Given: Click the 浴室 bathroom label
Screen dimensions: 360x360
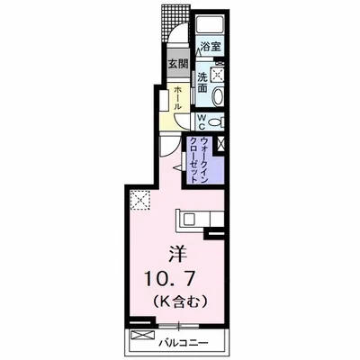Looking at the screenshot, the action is pyautogui.click(x=211, y=47).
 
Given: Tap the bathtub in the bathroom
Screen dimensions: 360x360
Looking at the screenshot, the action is pyautogui.click(x=210, y=23).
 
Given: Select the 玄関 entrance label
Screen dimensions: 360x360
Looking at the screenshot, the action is pyautogui.click(x=177, y=63).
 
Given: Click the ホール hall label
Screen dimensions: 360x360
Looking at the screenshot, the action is pyautogui.click(x=177, y=98).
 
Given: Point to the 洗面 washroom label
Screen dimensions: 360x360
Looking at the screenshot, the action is pyautogui.click(x=202, y=82).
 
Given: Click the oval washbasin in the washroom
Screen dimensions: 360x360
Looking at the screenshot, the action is pyautogui.click(x=218, y=96).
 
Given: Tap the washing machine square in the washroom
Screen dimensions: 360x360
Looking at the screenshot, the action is pyautogui.click(x=217, y=74).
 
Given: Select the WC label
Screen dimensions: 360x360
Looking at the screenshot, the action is pyautogui.click(x=202, y=121).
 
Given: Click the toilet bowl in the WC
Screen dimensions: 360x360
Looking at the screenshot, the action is pyautogui.click(x=216, y=122).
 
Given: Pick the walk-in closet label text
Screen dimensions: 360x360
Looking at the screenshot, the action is pyautogui.click(x=200, y=160).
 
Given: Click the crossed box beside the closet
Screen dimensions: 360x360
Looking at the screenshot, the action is pyautogui.click(x=220, y=143).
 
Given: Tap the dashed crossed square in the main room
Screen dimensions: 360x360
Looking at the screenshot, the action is pyautogui.click(x=139, y=200).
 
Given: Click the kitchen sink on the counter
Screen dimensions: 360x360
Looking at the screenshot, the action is pyautogui.click(x=189, y=220).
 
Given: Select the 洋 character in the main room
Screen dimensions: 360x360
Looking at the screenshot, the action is pyautogui.click(x=177, y=255).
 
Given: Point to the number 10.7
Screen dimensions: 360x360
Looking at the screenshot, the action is pyautogui.click(x=170, y=280).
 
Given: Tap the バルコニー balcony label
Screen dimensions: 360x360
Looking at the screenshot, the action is pyautogui.click(x=184, y=342).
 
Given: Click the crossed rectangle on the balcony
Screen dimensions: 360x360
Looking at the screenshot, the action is pyautogui.click(x=143, y=335).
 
